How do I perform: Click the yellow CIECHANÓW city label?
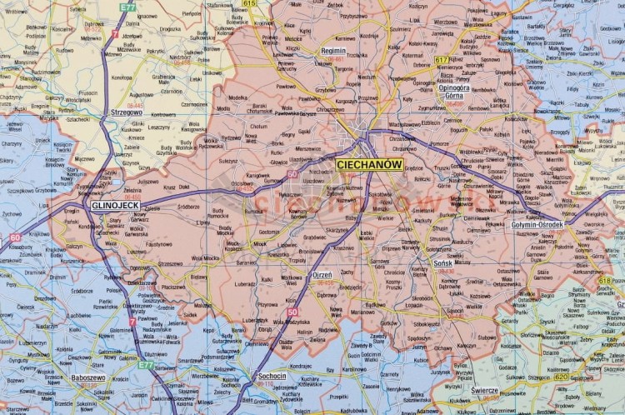(369, 165)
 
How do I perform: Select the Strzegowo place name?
(126, 112)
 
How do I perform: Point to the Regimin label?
(334, 50)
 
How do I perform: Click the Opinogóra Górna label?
(454, 91)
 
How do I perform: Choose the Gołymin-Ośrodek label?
(537, 224)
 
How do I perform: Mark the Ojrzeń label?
(321, 274)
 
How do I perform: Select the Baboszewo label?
(87, 377)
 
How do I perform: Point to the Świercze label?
(484, 390)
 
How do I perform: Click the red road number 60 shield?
(15, 237)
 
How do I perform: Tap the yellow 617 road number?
(442, 60)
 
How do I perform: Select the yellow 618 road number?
(604, 282)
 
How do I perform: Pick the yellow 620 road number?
(538, 377)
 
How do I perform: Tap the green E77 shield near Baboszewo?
(147, 364)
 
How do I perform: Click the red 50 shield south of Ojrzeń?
(292, 312)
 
